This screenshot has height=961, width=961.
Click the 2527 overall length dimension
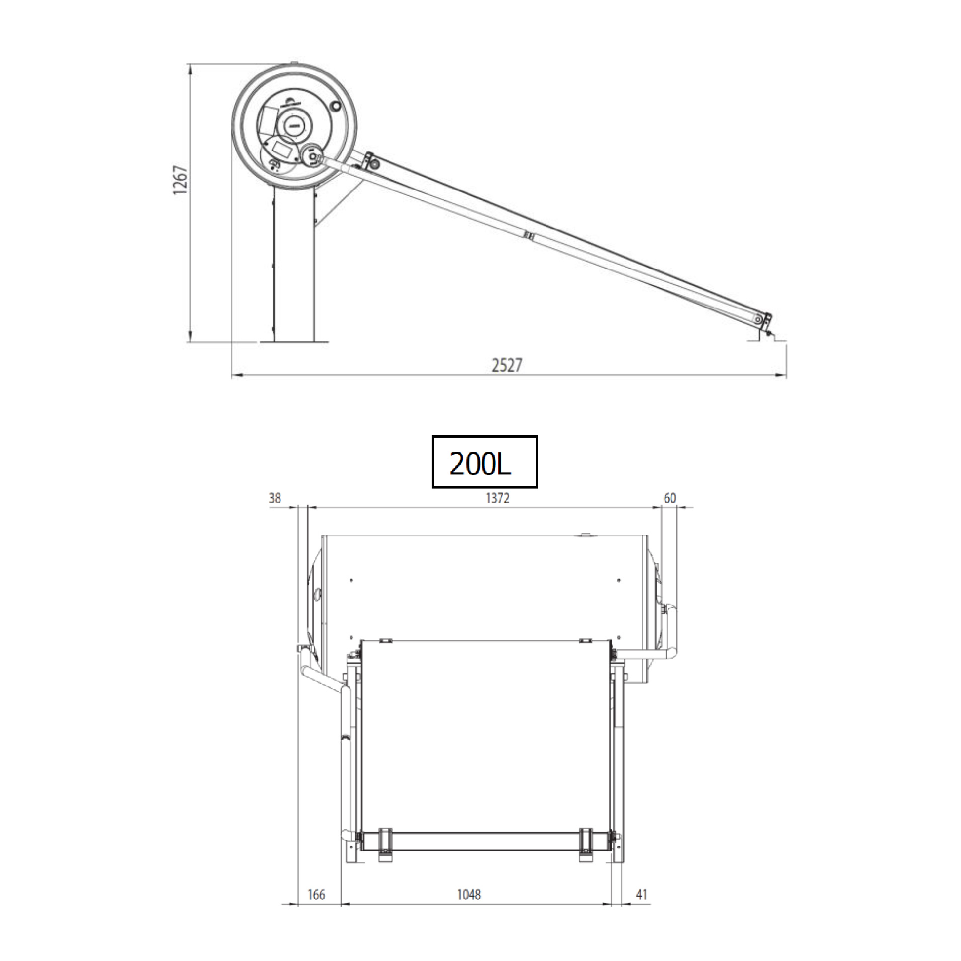[507, 365]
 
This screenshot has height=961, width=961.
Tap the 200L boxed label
[484, 461]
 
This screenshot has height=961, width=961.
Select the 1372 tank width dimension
[497, 498]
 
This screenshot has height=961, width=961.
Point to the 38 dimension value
[275, 498]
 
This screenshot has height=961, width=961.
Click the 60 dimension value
[670, 498]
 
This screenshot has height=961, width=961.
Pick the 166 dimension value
[316, 895]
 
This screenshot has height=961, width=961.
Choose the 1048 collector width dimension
[468, 895]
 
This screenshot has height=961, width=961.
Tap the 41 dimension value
[641, 895]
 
